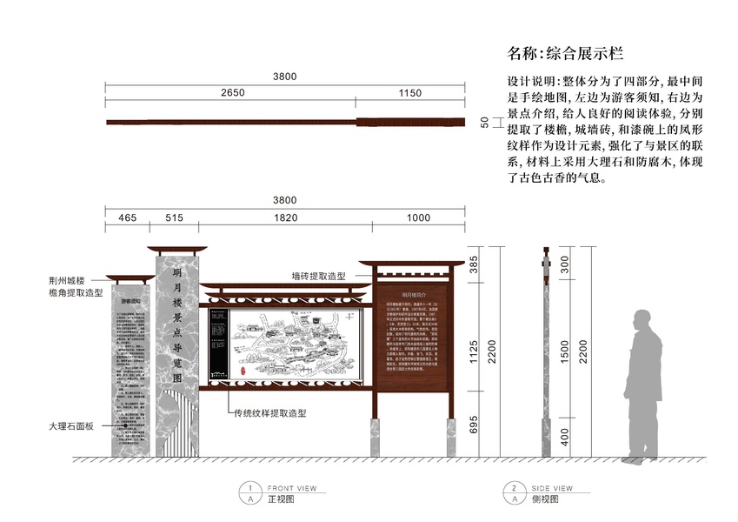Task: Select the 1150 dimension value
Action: (410, 92)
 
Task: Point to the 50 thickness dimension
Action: (484, 123)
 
